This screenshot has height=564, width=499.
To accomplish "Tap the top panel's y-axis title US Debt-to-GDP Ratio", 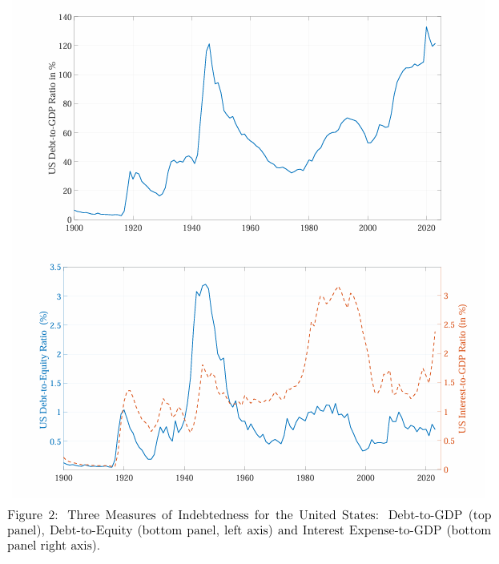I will pos(52,117).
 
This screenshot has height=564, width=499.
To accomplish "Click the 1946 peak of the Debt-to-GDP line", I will pos(209,44).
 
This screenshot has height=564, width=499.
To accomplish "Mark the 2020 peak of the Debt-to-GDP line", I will pos(426,27).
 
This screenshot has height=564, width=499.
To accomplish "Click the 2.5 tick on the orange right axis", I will pos(451,325).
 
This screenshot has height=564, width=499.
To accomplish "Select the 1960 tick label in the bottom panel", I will pos(245,479).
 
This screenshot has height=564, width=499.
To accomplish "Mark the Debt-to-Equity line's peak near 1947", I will pos(205,284).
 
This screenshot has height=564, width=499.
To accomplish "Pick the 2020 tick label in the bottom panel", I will pos(425,479).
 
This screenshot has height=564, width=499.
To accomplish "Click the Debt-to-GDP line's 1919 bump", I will pos(131,171).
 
